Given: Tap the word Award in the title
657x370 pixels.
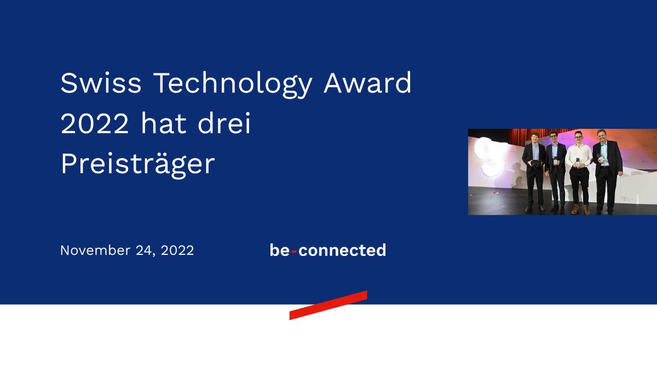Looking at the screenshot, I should click(367, 83).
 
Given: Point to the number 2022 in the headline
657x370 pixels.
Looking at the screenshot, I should click(95, 124).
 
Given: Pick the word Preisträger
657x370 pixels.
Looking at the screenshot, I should click(137, 165).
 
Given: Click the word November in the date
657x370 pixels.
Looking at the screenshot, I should click(95, 251).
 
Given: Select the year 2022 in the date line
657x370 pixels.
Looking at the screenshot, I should click(177, 251).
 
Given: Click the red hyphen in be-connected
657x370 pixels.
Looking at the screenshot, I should click(294, 252).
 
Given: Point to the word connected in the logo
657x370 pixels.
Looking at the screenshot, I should click(342, 251).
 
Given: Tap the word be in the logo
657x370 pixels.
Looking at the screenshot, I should click(279, 251).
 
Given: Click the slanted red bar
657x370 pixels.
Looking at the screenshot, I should click(328, 305).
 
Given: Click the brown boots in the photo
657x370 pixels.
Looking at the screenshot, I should click(580, 209).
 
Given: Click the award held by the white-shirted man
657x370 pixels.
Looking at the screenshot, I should click(577, 162).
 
